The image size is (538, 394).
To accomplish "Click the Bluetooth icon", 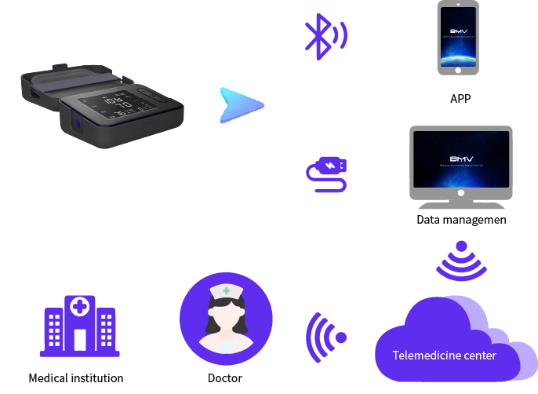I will point(324,36).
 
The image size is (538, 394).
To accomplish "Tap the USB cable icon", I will point(326,174).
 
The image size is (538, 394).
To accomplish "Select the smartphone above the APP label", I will point(458,38).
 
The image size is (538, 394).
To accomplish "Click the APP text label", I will point(460,99).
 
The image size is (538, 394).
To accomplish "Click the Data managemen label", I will point(461,220).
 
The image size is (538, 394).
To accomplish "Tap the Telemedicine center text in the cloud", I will point(444,356).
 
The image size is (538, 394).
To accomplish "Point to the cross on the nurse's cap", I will point(226,291).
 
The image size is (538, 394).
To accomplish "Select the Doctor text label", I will point(225,378).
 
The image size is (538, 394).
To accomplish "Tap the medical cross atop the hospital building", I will point(80,306).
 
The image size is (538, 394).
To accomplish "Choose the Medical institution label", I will point(76,378).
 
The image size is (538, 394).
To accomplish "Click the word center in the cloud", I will point(478,356).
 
